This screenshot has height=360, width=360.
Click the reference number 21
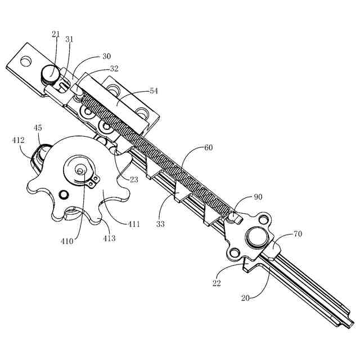[56, 34]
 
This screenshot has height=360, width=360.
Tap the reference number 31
[70, 39]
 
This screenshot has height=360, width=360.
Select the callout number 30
[106, 56]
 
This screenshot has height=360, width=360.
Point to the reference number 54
[154, 90]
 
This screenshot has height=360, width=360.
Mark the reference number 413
[109, 238]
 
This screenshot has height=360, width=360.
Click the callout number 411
[134, 224]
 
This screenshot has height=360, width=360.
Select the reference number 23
[133, 180]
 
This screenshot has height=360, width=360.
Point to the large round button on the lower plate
[256, 237]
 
